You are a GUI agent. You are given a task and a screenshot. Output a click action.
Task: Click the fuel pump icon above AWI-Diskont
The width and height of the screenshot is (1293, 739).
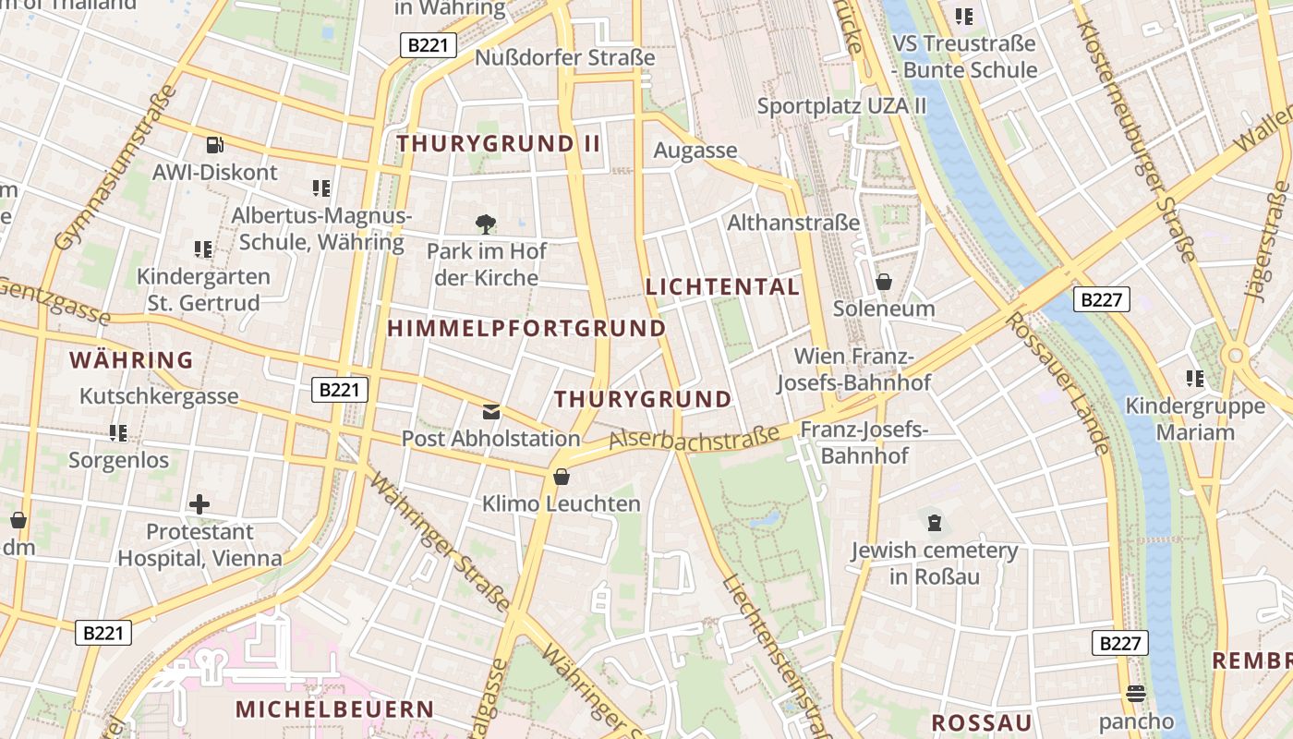tap(214, 144)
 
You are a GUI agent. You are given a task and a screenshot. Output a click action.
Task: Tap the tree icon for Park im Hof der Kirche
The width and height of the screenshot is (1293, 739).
tap(486, 224)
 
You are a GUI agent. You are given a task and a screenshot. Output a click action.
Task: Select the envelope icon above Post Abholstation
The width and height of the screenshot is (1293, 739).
tap(491, 411)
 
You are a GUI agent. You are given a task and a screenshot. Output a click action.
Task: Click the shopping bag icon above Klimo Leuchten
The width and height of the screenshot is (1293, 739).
tap(561, 477)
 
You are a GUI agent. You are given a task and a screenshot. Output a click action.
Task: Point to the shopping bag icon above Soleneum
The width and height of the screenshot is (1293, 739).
tap(884, 281)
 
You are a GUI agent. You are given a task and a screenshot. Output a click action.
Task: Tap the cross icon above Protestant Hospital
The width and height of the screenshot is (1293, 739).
tap(199, 504)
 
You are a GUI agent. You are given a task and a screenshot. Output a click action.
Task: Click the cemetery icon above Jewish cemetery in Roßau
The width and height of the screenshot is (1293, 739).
tap(935, 523)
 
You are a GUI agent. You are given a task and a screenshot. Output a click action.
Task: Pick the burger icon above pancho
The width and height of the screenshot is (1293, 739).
tap(1136, 694)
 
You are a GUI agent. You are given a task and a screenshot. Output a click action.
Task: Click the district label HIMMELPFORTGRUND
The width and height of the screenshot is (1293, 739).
tap(526, 328)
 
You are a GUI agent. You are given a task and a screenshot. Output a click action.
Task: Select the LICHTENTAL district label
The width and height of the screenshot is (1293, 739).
tap(722, 286)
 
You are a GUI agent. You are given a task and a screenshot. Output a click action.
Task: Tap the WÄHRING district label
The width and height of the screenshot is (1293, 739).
tap(131, 359)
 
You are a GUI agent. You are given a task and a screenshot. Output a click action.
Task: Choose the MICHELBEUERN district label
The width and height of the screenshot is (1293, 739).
tap(334, 709)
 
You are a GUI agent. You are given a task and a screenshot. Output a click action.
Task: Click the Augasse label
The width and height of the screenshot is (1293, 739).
tap(695, 150)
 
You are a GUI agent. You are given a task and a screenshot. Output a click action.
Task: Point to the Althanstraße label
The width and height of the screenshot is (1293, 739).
tap(793, 223)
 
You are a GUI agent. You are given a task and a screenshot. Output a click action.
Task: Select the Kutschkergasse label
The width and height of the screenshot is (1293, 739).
tap(159, 396)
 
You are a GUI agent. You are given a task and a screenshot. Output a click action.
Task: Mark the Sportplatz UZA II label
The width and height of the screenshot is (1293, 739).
tap(841, 105)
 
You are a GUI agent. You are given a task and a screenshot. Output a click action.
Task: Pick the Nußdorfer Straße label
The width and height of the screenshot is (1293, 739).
tap(564, 57)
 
